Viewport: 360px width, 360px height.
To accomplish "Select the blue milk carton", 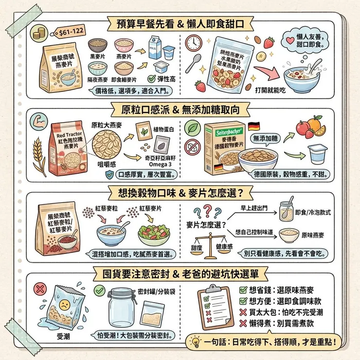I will [x=155, y=47].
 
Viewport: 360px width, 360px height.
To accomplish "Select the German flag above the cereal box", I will [x=253, y=126].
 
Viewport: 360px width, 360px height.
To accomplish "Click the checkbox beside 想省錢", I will [x=244, y=290].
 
